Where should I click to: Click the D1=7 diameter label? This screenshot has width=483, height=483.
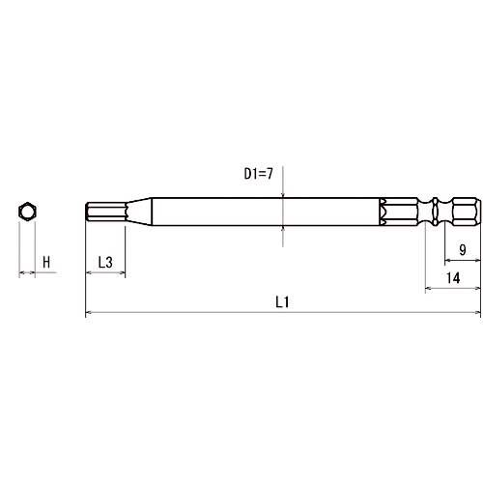[258, 174]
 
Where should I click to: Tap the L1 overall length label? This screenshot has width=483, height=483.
[282, 302]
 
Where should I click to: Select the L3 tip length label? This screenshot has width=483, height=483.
[105, 263]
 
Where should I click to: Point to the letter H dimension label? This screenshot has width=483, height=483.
[46, 262]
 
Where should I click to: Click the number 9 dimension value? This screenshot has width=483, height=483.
[463, 249]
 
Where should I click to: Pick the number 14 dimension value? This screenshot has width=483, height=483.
[453, 277]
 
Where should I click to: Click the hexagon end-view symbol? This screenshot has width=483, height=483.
[27, 212]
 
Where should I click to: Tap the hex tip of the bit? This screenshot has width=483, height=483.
[106, 212]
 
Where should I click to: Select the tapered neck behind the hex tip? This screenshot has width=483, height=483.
[138, 212]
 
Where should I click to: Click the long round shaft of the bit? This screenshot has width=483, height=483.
[265, 212]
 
